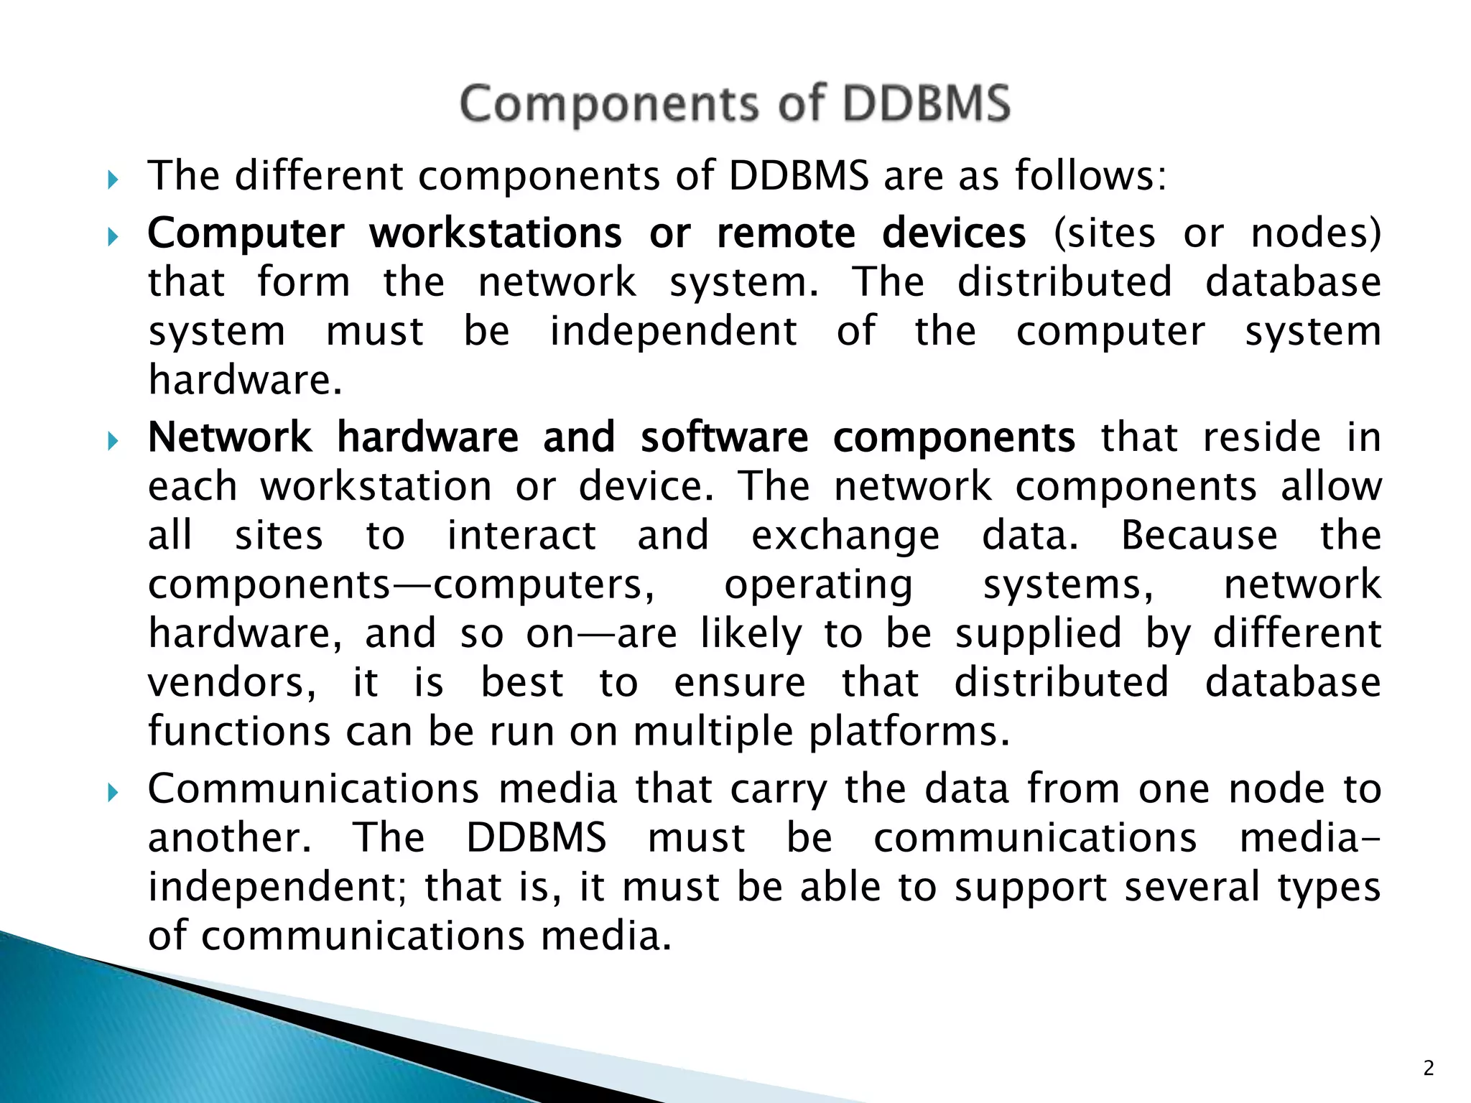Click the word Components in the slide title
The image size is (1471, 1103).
(608, 104)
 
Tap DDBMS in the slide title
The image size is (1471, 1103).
(927, 104)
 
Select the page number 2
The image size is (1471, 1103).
(1428, 1069)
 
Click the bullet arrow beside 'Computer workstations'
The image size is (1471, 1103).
(112, 236)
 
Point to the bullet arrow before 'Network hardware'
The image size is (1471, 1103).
(112, 440)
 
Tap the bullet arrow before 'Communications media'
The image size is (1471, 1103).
(112, 792)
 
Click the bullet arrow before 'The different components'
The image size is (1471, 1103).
(112, 179)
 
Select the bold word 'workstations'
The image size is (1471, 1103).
(496, 233)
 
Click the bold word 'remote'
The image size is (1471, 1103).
(786, 233)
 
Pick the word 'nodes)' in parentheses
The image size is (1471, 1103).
(1316, 233)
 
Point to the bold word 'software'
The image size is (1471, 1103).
(724, 437)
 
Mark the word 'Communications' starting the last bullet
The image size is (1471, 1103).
(313, 788)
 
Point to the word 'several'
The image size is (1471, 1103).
(1192, 887)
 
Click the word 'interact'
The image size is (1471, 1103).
(521, 536)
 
